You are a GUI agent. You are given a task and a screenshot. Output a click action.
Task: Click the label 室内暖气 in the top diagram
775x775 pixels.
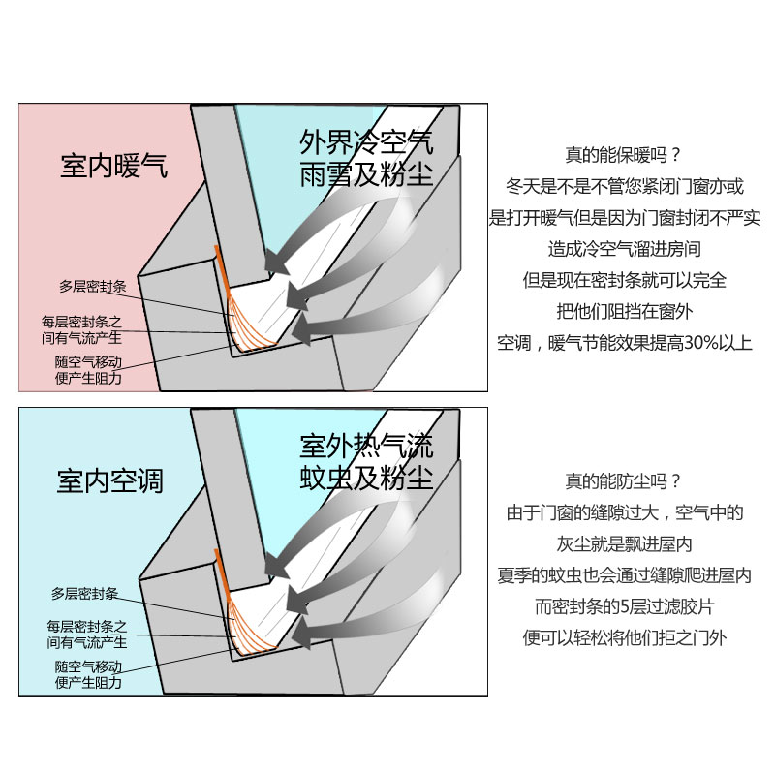click(x=113, y=166)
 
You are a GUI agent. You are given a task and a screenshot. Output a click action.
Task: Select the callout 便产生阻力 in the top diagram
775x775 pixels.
click(x=89, y=378)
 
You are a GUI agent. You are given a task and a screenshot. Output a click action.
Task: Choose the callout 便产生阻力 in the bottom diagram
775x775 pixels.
click(x=89, y=682)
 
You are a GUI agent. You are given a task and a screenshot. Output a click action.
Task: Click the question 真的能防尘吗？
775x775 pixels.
click(x=624, y=481)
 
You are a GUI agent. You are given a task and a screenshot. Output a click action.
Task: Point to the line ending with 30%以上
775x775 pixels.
click(x=624, y=343)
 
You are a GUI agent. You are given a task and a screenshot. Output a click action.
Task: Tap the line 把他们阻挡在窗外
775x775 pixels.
click(x=624, y=312)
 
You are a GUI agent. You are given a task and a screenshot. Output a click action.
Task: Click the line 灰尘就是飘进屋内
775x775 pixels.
click(x=624, y=544)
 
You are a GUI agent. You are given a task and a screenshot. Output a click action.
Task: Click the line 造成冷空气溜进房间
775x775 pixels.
click(x=624, y=249)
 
